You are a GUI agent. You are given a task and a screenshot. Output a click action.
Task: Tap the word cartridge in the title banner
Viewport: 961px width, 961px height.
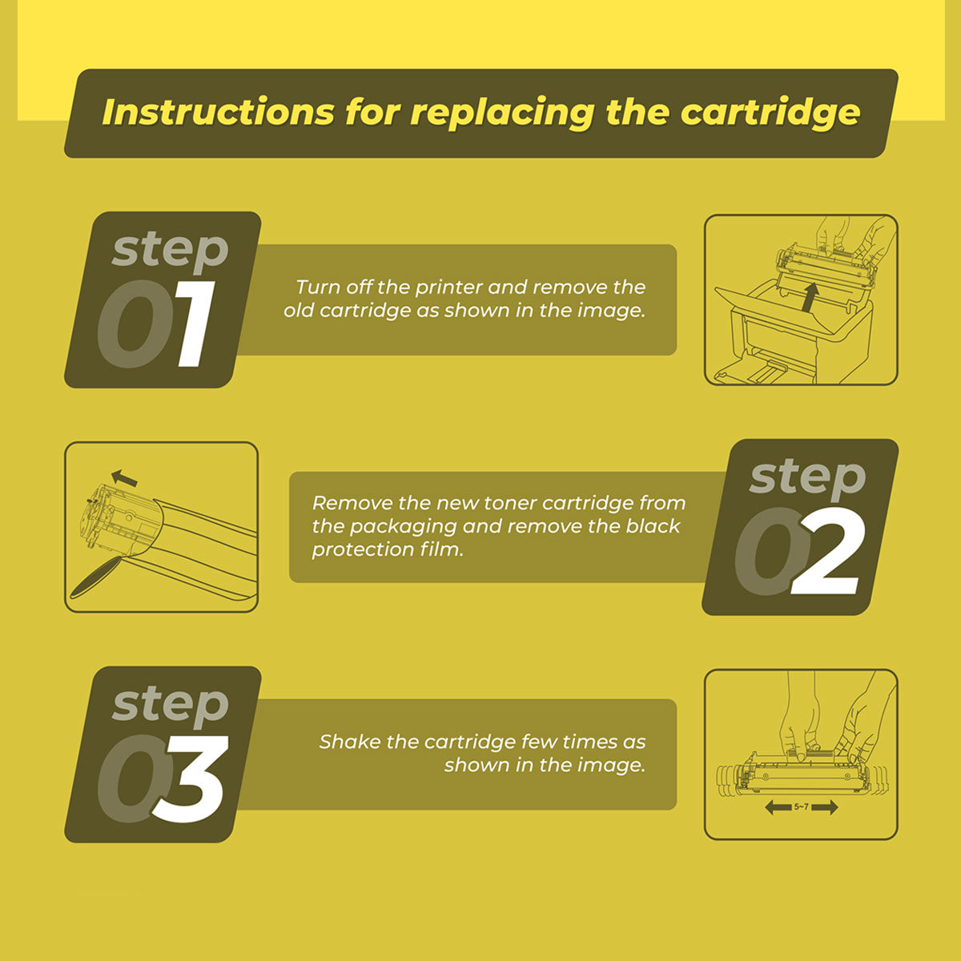(770, 114)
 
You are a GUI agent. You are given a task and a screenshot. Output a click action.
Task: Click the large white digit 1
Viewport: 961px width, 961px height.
(195, 324)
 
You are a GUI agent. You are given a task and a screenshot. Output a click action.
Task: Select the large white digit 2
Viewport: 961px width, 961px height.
(826, 551)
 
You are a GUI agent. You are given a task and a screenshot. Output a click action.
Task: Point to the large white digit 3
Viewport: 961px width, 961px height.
(191, 778)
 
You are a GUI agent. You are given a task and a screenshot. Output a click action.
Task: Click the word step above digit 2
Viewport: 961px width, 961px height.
(807, 479)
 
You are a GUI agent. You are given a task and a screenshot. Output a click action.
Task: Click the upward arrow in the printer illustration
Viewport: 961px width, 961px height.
(811, 298)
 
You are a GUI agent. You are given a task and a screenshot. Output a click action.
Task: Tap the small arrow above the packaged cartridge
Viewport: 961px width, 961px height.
(124, 478)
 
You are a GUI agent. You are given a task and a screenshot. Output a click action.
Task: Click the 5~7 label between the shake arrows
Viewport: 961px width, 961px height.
(801, 806)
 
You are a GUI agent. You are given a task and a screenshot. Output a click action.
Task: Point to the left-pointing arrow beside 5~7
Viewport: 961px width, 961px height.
(778, 807)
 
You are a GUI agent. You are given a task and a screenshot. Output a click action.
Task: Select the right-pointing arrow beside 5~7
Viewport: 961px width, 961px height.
(824, 807)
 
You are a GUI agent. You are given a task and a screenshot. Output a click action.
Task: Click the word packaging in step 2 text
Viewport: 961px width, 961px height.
(403, 527)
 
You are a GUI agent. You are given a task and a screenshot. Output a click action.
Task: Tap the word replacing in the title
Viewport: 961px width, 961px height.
(502, 114)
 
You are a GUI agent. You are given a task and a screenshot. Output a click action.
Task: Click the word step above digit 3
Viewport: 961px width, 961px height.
(170, 706)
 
